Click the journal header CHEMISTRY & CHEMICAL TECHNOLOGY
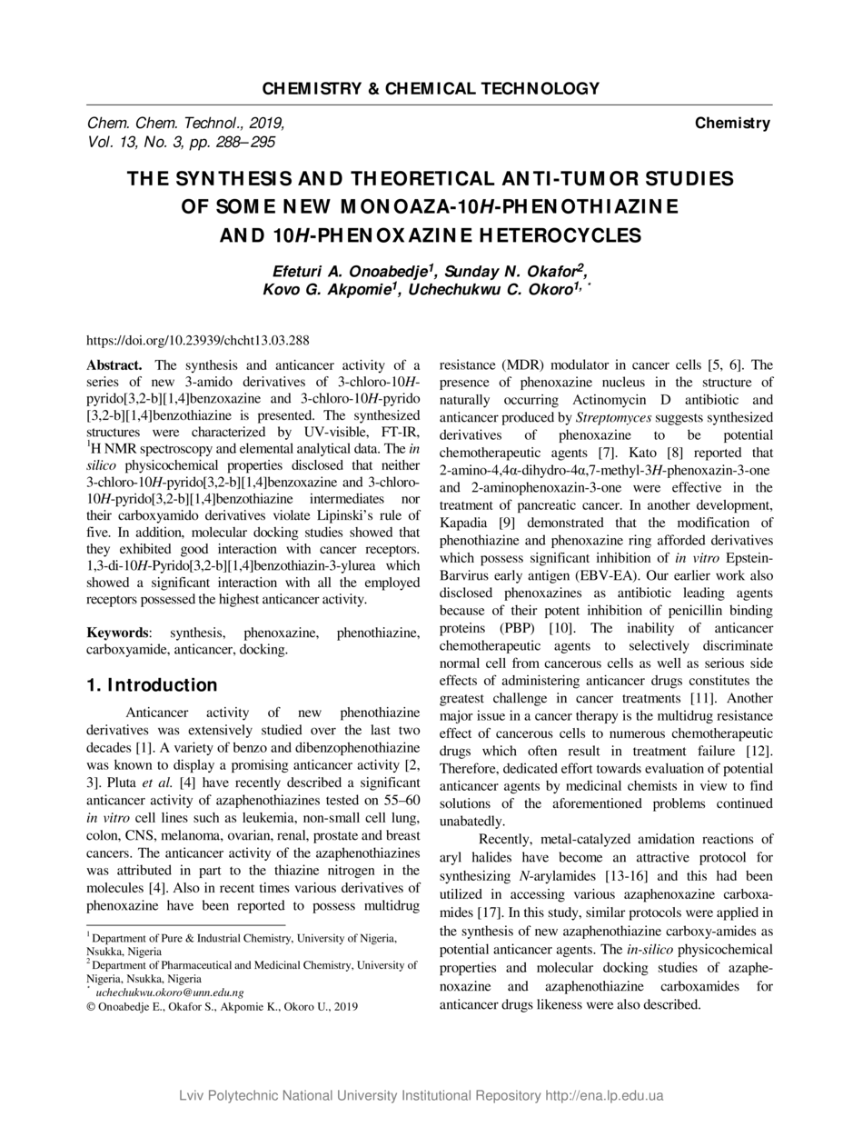click(431, 88)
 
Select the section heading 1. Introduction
click(152, 684)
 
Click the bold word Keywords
click(117, 632)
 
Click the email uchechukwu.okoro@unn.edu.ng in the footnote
click(170, 992)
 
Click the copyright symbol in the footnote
click(91, 1006)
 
